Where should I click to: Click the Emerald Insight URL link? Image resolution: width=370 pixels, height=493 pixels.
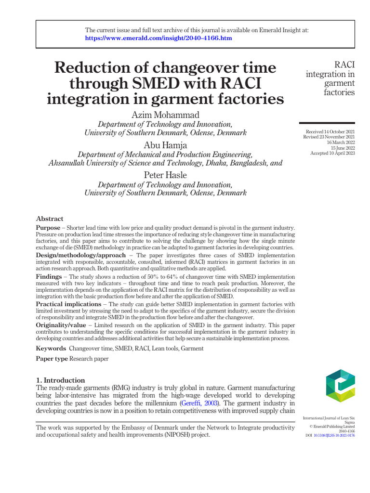[x=159, y=38]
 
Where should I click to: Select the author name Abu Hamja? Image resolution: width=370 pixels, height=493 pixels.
[x=165, y=145]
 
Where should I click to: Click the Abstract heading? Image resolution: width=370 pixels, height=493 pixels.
[x=50, y=219]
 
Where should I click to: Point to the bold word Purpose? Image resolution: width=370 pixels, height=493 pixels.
[x=48, y=227]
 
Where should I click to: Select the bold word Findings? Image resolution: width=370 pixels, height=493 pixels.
[x=49, y=277]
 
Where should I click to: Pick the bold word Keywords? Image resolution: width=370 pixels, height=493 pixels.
[x=51, y=348]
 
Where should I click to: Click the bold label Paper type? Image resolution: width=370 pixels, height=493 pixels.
[x=52, y=359]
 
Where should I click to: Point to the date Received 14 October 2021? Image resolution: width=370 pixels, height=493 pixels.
[x=330, y=132]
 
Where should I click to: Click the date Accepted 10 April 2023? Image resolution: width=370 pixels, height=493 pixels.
[x=332, y=153]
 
